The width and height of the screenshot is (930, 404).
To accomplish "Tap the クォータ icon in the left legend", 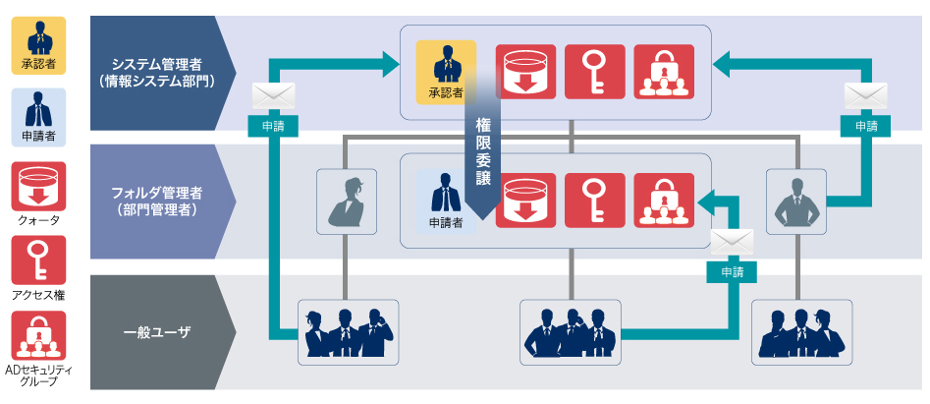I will point(38,186).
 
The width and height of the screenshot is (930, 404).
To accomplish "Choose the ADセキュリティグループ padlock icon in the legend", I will point(38,335).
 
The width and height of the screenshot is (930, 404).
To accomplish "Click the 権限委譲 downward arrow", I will point(483,157).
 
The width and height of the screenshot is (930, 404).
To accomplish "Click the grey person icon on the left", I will point(346,201).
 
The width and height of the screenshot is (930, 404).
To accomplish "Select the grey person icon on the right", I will point(795,201).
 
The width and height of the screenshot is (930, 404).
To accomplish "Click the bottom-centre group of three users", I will point(571,333).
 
